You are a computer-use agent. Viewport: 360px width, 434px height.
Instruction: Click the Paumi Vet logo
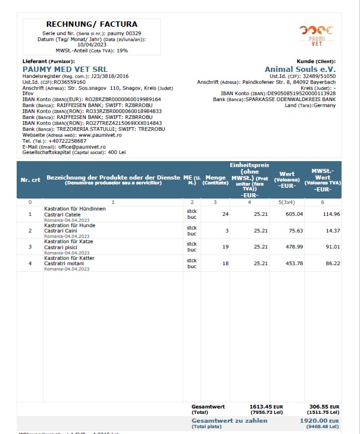pyautogui.click(x=316, y=35)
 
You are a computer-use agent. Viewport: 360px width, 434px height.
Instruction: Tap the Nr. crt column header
pyautogui.click(x=30, y=180)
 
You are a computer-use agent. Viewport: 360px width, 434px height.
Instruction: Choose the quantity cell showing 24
pyautogui.click(x=225, y=214)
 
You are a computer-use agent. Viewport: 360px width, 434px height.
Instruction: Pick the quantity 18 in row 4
pyautogui.click(x=225, y=263)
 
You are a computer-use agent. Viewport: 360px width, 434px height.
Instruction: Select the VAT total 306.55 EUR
pyautogui.click(x=324, y=407)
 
